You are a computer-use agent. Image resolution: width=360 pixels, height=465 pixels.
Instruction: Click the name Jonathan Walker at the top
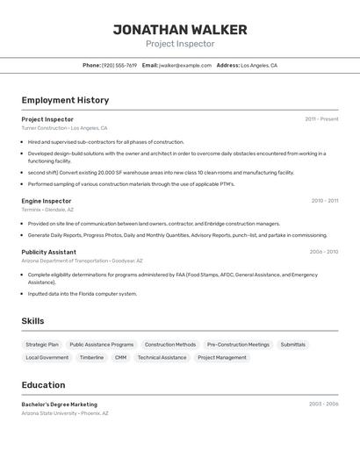[180, 30]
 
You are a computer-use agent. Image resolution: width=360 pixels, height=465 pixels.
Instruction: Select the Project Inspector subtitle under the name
[180, 44]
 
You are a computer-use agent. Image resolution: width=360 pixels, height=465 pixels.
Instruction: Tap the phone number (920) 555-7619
[119, 65]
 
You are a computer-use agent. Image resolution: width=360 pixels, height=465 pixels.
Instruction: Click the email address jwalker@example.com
[185, 65]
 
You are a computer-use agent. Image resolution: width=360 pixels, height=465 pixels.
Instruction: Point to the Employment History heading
[65, 100]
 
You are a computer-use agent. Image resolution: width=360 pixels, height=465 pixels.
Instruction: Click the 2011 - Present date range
[321, 118]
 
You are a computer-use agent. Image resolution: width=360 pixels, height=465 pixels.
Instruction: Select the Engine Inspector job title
[47, 201]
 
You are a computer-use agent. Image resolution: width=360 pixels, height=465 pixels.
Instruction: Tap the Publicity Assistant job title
[48, 252]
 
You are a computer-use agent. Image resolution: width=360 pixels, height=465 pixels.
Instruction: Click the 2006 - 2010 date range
[323, 252]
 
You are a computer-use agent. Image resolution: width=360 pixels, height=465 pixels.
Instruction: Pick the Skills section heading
[32, 321]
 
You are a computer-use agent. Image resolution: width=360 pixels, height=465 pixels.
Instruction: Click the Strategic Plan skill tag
[42, 345]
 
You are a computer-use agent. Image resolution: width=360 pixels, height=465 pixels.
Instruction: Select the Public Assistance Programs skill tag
[102, 345]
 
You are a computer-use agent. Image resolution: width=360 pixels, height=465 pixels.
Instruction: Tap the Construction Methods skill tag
[170, 345]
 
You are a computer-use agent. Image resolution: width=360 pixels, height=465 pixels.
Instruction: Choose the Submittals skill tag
[293, 345]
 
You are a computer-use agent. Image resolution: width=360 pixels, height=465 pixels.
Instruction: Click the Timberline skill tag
[91, 358]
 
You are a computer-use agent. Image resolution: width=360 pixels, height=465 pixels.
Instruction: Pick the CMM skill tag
[120, 358]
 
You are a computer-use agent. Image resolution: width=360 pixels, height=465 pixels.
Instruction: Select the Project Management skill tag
[222, 358]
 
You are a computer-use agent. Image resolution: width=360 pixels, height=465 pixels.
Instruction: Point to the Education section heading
[43, 385]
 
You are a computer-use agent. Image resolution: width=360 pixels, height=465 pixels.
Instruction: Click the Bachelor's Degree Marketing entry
[60, 404]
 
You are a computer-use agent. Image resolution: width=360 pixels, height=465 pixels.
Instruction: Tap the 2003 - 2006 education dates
[323, 404]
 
